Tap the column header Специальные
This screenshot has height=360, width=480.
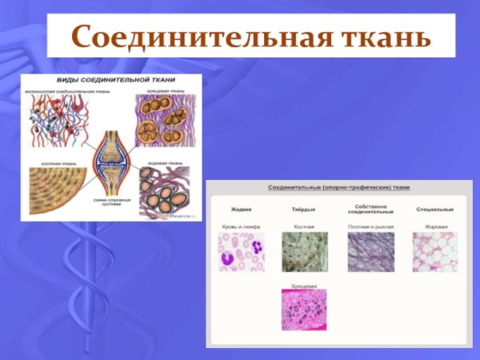point(435,209)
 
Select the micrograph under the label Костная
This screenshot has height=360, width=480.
point(304,252)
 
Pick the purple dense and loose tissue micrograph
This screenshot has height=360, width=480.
point(370,252)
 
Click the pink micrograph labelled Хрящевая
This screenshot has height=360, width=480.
point(304,310)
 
